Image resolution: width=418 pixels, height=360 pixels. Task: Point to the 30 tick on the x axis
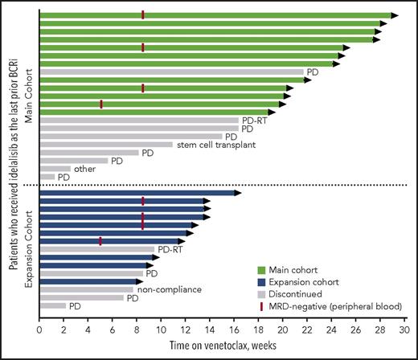pyautogui.click(x=404, y=328)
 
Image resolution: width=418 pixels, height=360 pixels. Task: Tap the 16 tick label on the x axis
pyautogui.click(x=234, y=328)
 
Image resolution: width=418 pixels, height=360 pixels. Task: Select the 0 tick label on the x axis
pyautogui.click(x=39, y=328)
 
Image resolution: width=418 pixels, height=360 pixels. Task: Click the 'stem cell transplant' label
pyautogui.click(x=213, y=145)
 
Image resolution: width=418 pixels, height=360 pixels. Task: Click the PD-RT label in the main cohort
pyautogui.click(x=252, y=121)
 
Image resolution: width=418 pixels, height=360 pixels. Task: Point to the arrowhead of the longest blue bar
pyautogui.click(x=237, y=193)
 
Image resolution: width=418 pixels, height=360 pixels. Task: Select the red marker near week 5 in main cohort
pyautogui.click(x=101, y=104)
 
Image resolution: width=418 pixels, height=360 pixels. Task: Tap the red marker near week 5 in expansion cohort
pyautogui.click(x=100, y=241)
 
